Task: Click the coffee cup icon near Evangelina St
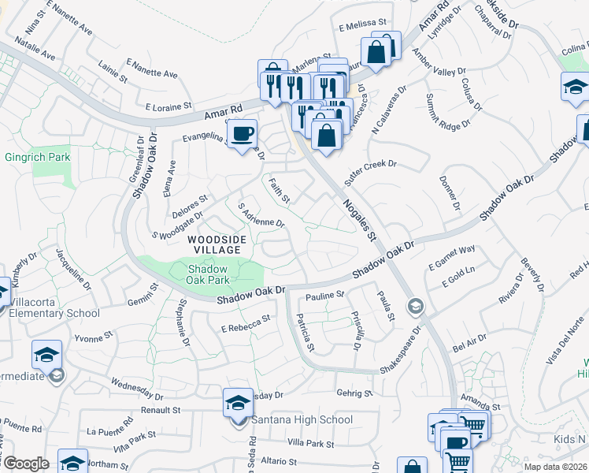click(242, 132)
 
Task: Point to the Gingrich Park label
click(36, 157)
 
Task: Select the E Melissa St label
click(364, 24)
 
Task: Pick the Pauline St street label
click(325, 295)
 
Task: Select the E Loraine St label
click(169, 105)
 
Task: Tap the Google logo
click(26, 464)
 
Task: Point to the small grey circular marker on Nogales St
click(414, 305)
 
